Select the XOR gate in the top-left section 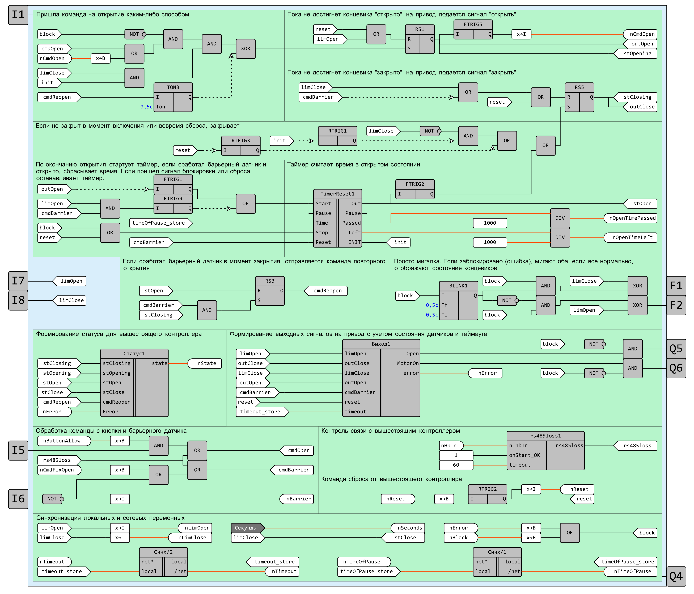pyautogui.click(x=246, y=49)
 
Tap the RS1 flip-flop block pyautogui.click(x=420, y=39)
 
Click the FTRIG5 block pyautogui.click(x=473, y=30)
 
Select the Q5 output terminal pyautogui.click(x=676, y=349)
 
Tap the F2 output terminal pyautogui.click(x=676, y=305)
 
